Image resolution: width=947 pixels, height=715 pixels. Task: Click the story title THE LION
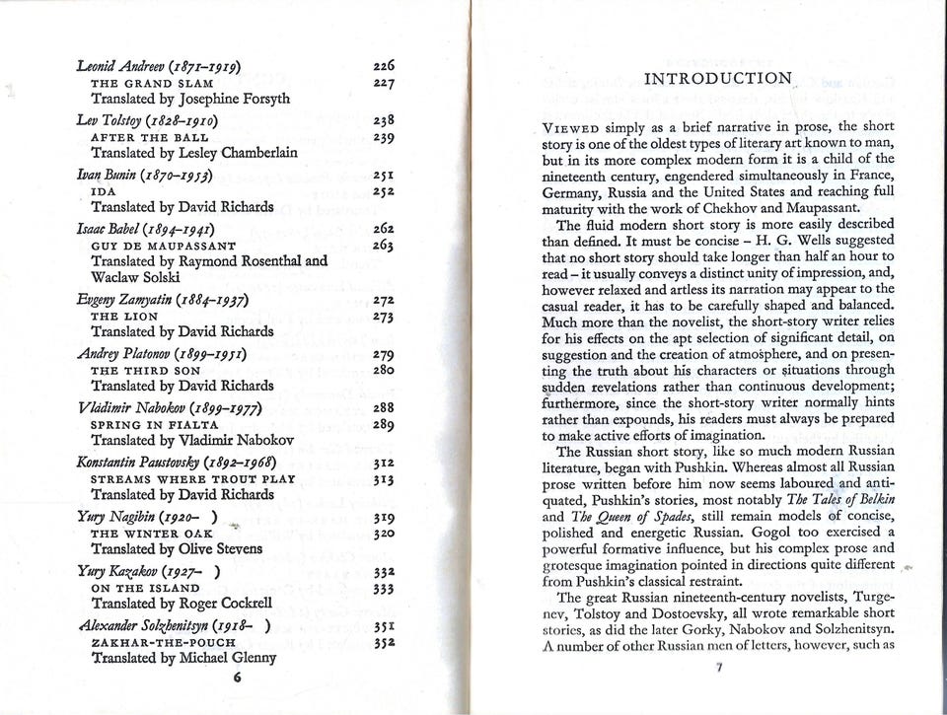coord(119,316)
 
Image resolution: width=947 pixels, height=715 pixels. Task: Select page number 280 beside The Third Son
coord(385,370)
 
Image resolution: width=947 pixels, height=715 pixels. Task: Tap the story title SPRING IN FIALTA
coord(153,424)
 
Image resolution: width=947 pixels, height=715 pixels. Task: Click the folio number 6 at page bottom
coord(237,679)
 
